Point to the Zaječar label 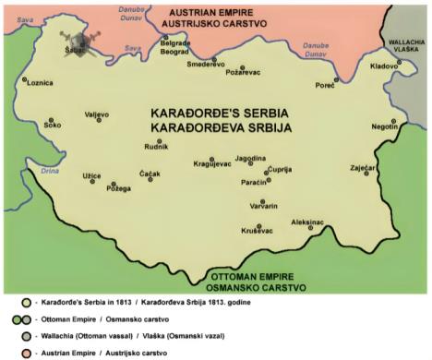(x=364, y=169)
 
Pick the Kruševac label (x=257, y=231)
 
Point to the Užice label (x=91, y=174)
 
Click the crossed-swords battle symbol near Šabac (x=86, y=41)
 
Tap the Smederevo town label (x=207, y=62)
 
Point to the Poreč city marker (x=336, y=80)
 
